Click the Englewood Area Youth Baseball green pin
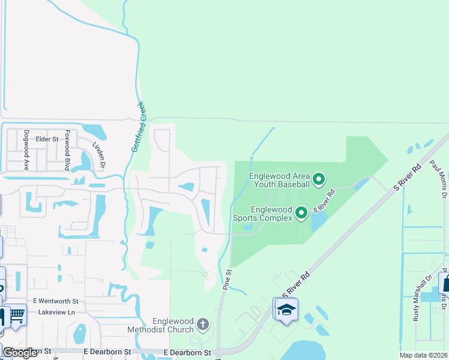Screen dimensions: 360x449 [x=319, y=179]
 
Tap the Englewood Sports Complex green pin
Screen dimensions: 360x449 [x=301, y=212]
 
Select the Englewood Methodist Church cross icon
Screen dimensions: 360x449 [x=203, y=325]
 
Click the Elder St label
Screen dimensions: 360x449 [x=46, y=139]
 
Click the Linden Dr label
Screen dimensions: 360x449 [x=98, y=155]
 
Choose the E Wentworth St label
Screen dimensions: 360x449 [x=56, y=301]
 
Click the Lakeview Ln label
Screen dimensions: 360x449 [x=54, y=313]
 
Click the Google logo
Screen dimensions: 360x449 [x=20, y=353]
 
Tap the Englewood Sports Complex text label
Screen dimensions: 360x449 [x=271, y=214]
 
